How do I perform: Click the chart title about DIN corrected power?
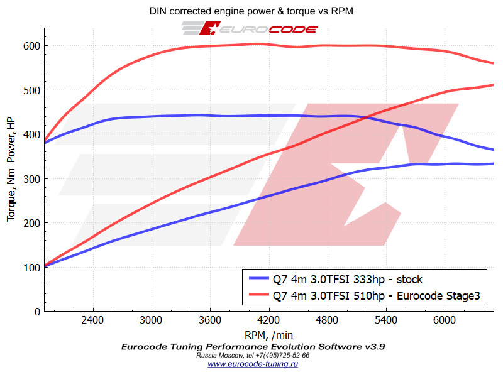click(x=251, y=11)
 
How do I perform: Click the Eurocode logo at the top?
click(x=250, y=28)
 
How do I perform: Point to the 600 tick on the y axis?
click(x=32, y=46)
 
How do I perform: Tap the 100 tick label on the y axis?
click(x=32, y=267)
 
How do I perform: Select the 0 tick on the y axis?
click(x=38, y=312)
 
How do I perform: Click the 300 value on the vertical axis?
click(x=32, y=178)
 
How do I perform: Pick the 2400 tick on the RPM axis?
click(x=92, y=319)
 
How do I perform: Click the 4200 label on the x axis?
click(x=268, y=319)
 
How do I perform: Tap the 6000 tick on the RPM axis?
click(x=444, y=319)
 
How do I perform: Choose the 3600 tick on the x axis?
click(x=210, y=319)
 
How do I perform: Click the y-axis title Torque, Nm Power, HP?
click(x=11, y=170)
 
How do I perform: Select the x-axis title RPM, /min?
click(x=268, y=335)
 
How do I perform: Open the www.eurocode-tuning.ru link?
click(x=253, y=364)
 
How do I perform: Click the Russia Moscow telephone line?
click(x=253, y=355)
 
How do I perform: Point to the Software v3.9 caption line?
click(x=253, y=346)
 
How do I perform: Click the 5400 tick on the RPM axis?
click(x=386, y=319)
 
